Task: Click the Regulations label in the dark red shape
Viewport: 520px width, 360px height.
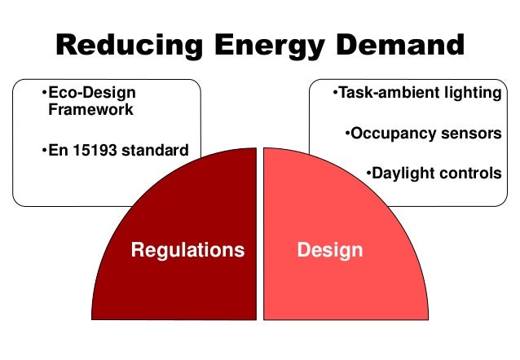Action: point(187,249)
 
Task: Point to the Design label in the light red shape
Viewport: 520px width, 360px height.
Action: point(330,249)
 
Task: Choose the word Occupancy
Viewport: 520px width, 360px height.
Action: point(390,133)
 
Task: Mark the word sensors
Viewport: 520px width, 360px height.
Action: point(469,133)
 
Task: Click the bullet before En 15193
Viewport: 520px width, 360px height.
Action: point(42,151)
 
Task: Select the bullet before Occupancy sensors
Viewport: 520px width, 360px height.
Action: point(347,133)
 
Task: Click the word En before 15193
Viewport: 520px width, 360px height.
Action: point(56,151)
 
